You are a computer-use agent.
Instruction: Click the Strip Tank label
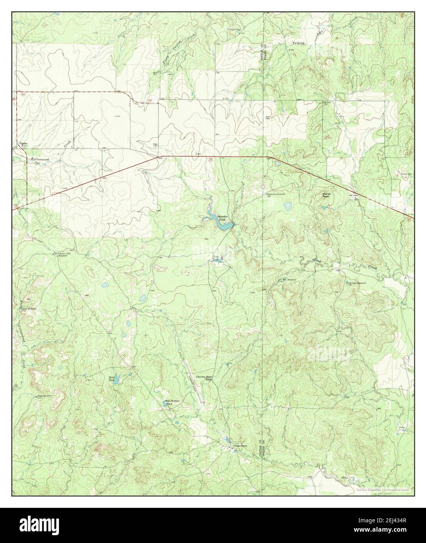pos(112,378)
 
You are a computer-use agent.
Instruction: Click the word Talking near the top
pos(298,43)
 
